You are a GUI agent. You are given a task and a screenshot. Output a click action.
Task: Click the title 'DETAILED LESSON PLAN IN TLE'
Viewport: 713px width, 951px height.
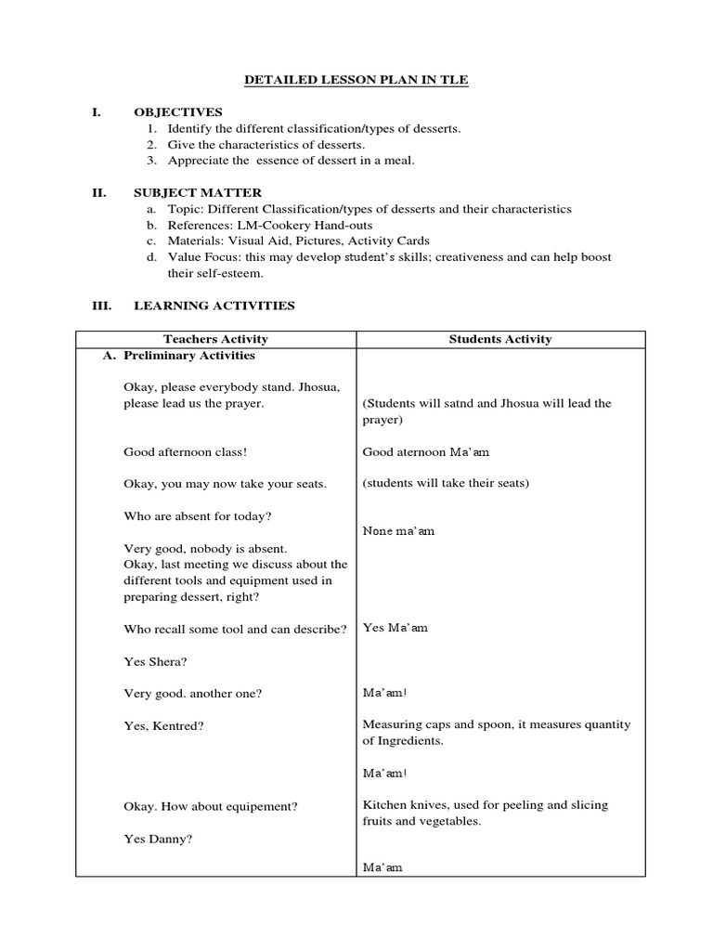point(356,81)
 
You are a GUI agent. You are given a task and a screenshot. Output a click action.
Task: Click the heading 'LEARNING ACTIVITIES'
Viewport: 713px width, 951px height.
point(214,305)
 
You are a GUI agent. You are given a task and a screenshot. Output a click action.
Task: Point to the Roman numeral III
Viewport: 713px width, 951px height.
point(101,305)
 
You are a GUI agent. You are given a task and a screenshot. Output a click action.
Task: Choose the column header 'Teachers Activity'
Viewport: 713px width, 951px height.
point(215,339)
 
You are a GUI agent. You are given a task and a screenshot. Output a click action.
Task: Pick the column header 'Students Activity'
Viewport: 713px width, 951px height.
point(499,339)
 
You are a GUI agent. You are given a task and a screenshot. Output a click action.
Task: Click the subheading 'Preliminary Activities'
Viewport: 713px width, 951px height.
point(188,356)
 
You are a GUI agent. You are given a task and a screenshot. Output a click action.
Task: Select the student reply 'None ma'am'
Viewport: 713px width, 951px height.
point(398,531)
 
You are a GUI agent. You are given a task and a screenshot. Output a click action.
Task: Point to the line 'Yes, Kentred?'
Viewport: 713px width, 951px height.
point(163,725)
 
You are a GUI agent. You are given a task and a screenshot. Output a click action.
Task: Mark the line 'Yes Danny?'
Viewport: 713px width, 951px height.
point(158,838)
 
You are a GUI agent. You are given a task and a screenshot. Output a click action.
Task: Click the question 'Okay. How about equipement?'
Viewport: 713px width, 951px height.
point(210,806)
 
